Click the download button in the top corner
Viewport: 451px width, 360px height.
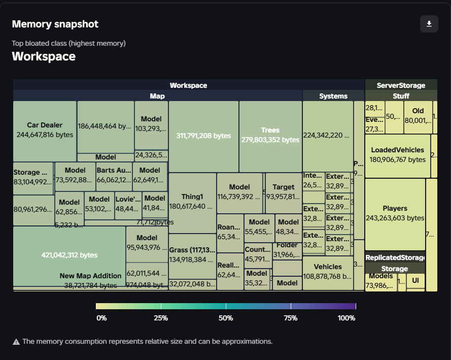click(429, 24)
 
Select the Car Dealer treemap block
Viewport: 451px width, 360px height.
click(45, 130)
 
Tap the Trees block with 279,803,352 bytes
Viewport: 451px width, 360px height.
click(270, 136)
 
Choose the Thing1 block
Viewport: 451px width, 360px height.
click(192, 202)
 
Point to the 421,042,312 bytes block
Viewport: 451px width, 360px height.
click(69, 255)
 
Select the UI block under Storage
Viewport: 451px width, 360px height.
click(415, 280)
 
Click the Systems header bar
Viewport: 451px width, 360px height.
click(333, 96)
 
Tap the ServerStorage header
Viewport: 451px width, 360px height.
click(401, 85)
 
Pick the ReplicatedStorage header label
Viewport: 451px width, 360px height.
click(395, 258)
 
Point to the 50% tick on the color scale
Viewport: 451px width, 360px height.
click(226, 306)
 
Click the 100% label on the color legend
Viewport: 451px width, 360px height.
click(347, 318)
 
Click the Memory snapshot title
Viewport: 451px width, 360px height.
click(55, 24)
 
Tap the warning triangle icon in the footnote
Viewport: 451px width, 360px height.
click(16, 342)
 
